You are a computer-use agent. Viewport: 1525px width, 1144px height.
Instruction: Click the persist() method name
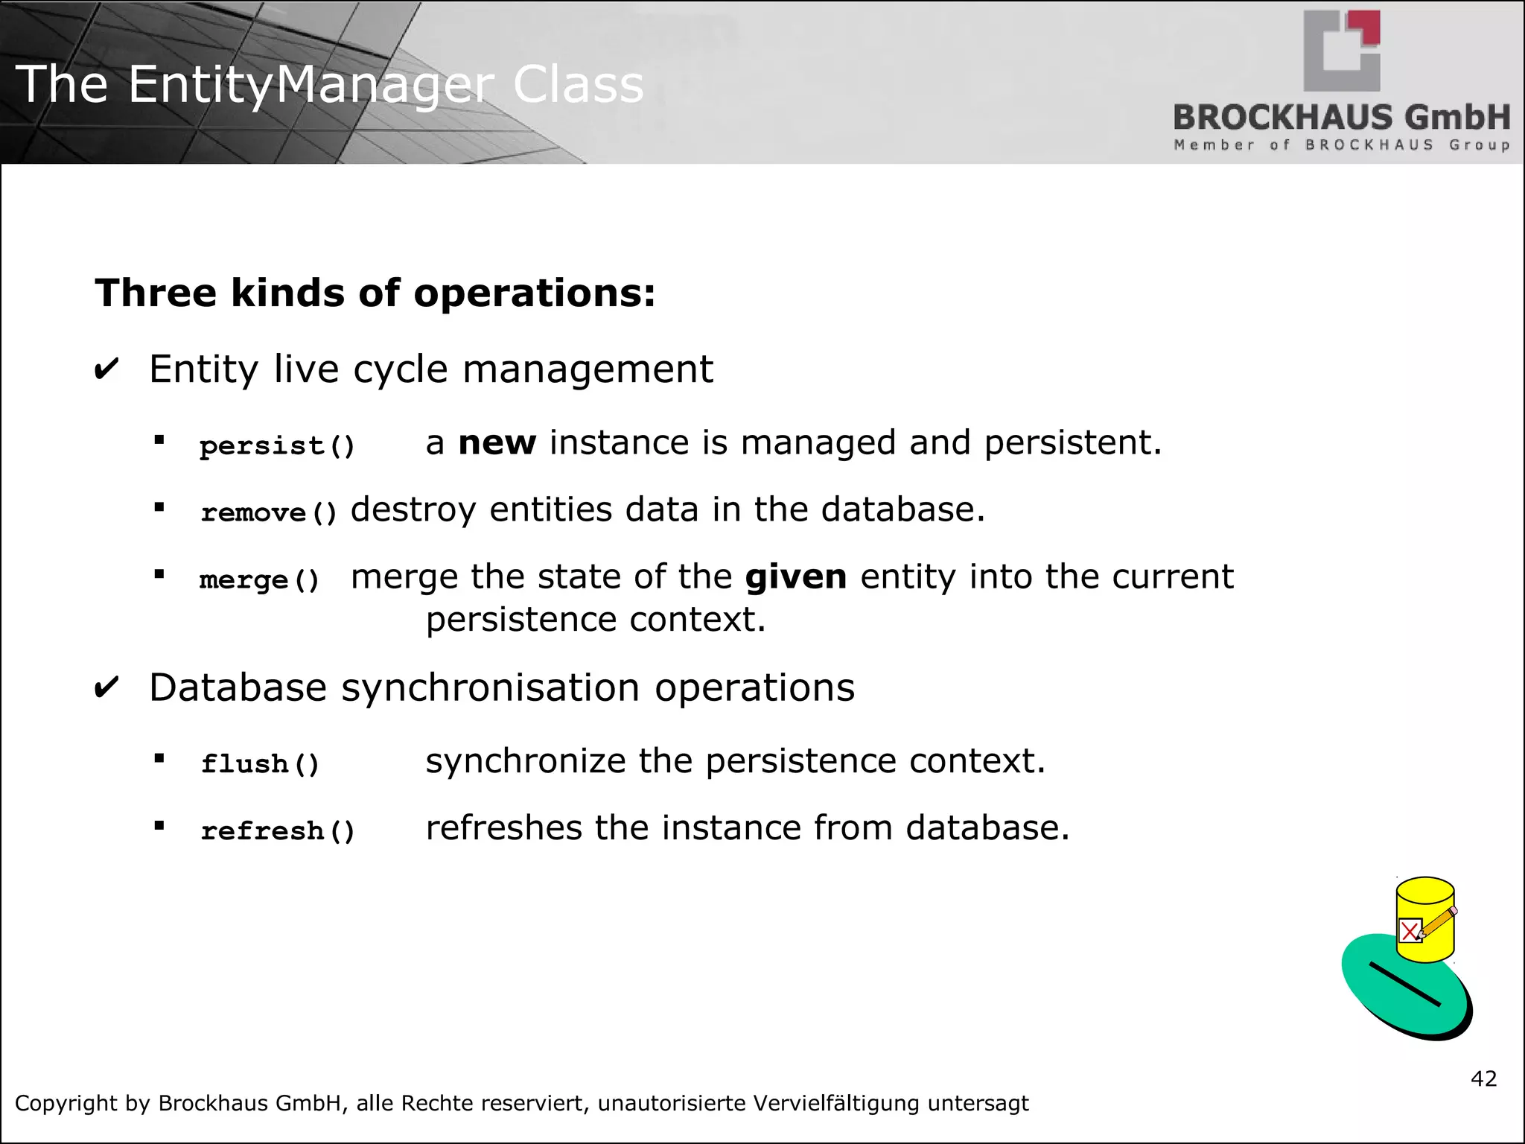(x=277, y=445)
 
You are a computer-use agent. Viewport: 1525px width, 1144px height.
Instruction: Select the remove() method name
(x=269, y=512)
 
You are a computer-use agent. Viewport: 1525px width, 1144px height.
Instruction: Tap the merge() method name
(x=259, y=579)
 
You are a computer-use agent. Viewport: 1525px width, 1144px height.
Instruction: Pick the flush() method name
(x=260, y=763)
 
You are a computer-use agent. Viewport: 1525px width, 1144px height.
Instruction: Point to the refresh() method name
(x=277, y=830)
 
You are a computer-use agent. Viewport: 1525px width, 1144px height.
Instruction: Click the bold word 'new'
(x=497, y=443)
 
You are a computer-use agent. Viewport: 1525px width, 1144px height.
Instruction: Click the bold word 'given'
(x=795, y=577)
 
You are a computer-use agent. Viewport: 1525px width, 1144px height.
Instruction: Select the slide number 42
(x=1483, y=1078)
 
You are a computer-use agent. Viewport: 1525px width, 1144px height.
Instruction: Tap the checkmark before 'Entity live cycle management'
(x=106, y=369)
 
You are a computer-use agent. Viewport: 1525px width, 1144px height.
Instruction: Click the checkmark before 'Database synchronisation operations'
(x=106, y=687)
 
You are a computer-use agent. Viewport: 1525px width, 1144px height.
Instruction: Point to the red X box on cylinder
(x=1410, y=931)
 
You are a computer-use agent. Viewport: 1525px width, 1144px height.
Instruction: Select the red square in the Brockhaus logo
(x=1369, y=28)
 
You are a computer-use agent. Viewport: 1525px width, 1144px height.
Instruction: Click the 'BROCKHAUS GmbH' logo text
(x=1341, y=118)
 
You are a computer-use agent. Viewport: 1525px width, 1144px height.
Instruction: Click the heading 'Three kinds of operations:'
(x=375, y=293)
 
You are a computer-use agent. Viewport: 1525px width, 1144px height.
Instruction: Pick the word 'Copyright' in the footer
(x=66, y=1103)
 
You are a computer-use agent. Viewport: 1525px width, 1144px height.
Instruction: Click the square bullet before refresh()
(x=159, y=825)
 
